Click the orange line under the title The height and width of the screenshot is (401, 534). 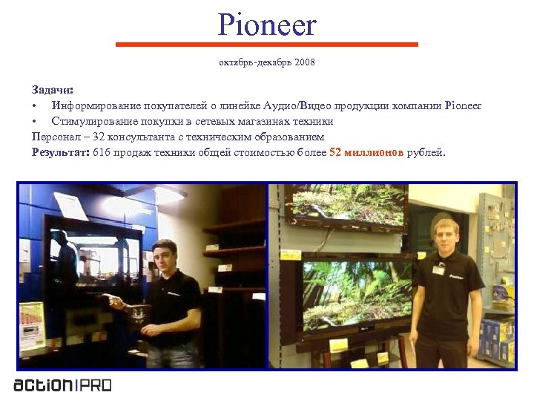tap(267, 45)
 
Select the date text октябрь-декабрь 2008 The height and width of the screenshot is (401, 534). tap(267, 62)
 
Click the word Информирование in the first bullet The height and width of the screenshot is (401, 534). tap(96, 105)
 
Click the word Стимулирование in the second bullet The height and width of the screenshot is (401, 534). tap(94, 121)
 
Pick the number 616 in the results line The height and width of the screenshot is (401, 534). tap(102, 152)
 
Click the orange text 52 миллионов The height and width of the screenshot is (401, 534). tap(366, 152)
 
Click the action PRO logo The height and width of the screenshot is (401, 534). tap(62, 385)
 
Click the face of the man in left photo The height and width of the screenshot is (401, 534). tap(163, 255)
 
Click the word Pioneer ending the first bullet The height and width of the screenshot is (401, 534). tap(464, 105)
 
